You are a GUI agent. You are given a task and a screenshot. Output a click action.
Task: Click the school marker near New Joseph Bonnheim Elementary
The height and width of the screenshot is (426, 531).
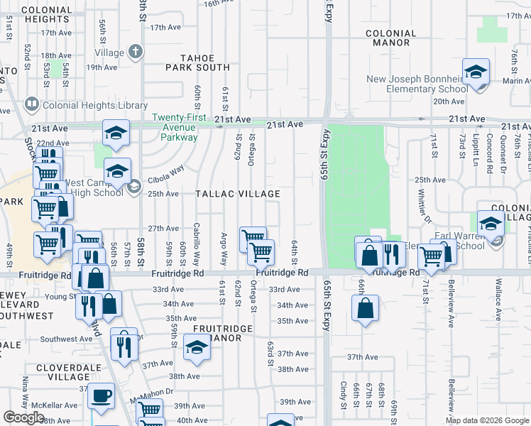pos(476,71)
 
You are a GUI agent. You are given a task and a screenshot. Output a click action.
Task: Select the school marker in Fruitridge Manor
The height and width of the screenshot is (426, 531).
pos(197,348)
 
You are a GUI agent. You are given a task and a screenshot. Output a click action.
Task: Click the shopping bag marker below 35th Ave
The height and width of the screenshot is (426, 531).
pos(365,308)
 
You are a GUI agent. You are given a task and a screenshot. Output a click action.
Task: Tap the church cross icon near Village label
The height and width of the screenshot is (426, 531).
pos(136,52)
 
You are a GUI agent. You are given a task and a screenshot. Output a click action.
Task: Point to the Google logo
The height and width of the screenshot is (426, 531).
pos(23,417)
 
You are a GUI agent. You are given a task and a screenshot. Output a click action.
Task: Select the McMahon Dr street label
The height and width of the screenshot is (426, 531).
pos(151,391)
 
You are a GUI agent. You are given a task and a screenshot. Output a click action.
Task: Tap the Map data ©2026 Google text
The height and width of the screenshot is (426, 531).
pos(486,420)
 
